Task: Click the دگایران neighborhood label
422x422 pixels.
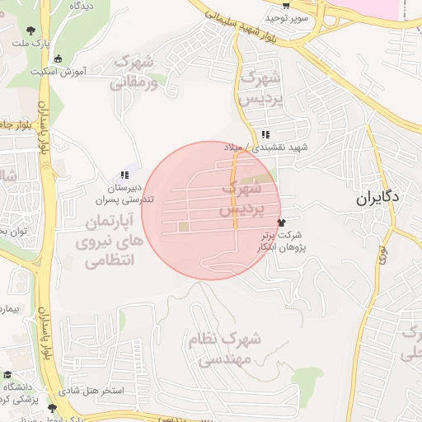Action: click(379, 198)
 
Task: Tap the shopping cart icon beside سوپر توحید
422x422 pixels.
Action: click(285, 6)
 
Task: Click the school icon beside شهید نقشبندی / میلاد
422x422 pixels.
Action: click(265, 134)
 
